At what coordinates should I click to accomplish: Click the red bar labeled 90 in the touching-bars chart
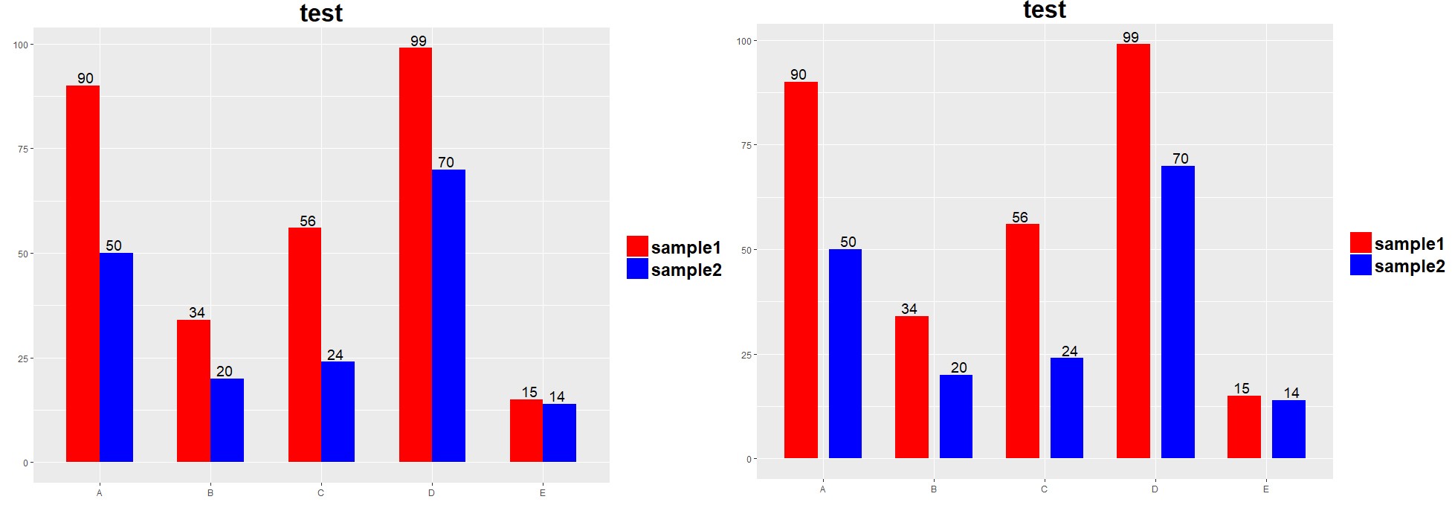pos(83,273)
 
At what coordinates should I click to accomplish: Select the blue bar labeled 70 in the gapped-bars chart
pos(1178,312)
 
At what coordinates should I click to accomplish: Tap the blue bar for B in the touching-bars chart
pos(227,420)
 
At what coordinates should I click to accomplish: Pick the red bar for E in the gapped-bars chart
pos(1244,427)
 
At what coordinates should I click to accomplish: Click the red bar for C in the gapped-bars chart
pos(1022,341)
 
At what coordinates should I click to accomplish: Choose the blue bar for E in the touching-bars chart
pos(559,433)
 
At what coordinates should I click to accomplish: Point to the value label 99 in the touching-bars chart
pos(419,41)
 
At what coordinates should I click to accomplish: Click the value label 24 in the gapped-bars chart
pos(1070,351)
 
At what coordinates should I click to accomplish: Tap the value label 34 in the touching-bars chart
pos(197,312)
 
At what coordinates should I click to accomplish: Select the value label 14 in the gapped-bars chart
pos(1291,393)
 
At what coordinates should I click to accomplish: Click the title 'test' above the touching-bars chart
pos(321,13)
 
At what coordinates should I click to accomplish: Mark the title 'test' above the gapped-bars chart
pos(1045,10)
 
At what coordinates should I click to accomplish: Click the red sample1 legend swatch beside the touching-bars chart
pos(637,246)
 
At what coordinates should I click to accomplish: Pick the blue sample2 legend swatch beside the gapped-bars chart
pos(1361,265)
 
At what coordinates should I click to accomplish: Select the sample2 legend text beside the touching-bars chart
pos(686,270)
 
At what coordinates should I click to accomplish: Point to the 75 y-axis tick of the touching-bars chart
pos(22,149)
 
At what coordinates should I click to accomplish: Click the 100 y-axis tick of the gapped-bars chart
pos(744,41)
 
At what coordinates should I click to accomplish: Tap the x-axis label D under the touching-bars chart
pos(431,493)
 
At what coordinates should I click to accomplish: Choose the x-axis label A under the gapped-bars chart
pos(822,489)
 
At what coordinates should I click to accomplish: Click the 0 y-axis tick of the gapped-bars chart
pos(749,459)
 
